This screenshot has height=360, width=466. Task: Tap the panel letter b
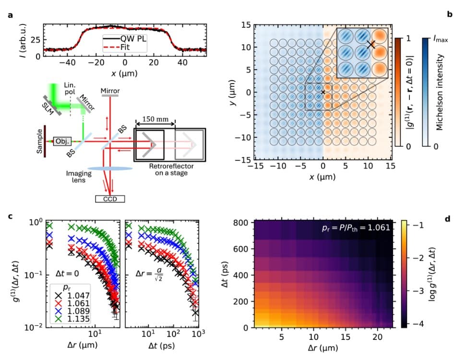pyautogui.click(x=450, y=15)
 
